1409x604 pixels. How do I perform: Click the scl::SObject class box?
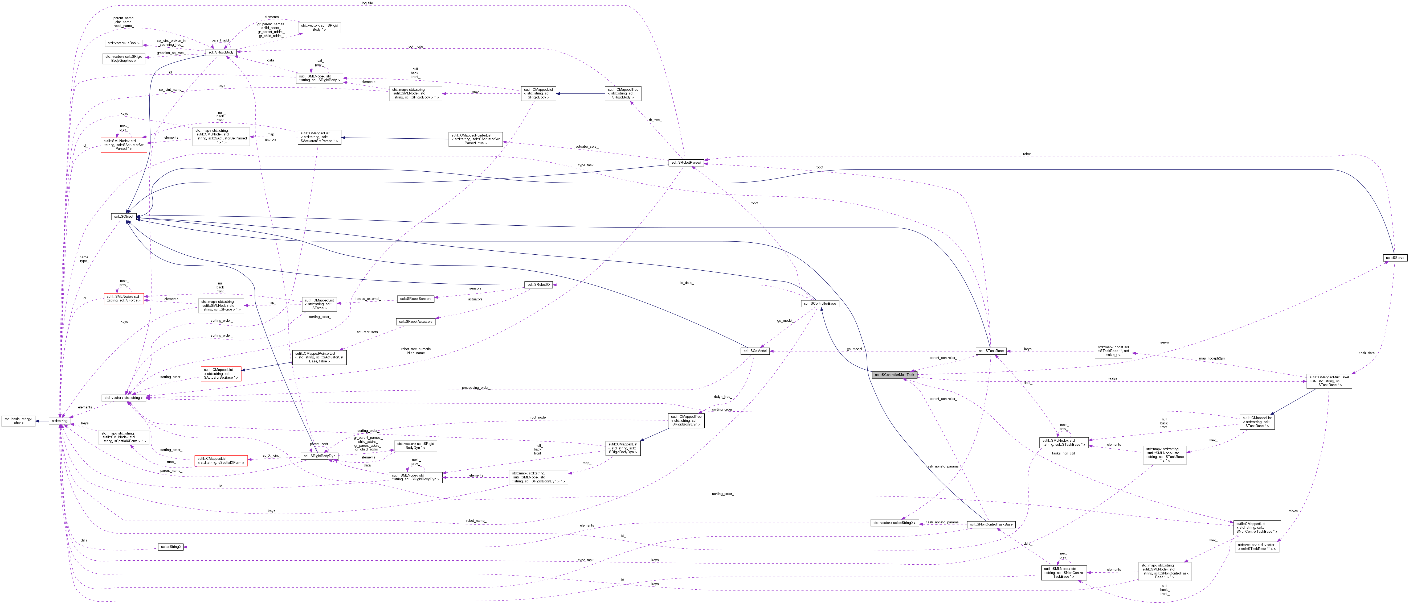[124, 217]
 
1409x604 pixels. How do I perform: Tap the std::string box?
[59, 421]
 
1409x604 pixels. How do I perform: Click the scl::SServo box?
[1394, 258]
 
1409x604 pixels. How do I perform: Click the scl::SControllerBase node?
[819, 303]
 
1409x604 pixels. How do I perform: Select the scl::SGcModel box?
[755, 351]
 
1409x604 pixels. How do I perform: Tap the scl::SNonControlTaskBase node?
[991, 524]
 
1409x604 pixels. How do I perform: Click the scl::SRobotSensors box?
[416, 299]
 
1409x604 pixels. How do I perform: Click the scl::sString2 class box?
[171, 547]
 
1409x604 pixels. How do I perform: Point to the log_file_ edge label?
[367, 3]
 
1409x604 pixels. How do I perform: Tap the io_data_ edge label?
[686, 283]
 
